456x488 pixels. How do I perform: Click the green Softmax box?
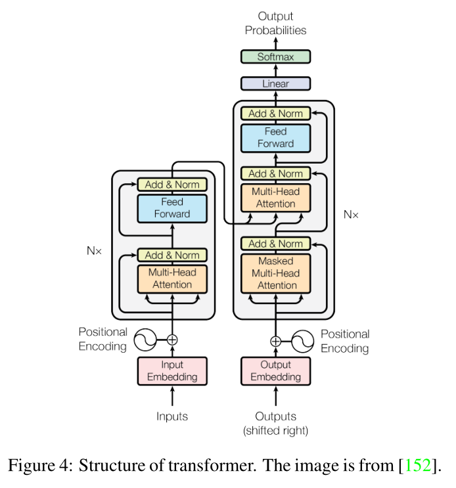tap(275, 57)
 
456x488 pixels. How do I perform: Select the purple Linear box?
tap(275, 84)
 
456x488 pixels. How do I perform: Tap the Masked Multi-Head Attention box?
tap(275, 273)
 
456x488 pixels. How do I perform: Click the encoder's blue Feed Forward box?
tap(172, 208)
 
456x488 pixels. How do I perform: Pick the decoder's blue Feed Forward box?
tap(275, 137)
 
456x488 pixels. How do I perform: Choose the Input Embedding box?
tap(172, 370)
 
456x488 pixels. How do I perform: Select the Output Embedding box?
tap(275, 370)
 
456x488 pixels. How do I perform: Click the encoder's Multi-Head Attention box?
tap(172, 278)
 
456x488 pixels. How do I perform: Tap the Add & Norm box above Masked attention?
tap(275, 244)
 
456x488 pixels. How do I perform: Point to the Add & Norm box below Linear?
tap(275, 114)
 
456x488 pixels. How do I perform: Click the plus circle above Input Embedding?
tap(172, 340)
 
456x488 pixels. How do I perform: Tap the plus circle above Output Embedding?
tap(275, 341)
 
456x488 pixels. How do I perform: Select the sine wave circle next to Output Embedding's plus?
tap(301, 341)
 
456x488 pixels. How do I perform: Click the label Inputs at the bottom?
tap(172, 416)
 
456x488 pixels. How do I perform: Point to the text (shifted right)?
tap(275, 431)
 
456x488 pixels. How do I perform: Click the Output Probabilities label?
tap(275, 23)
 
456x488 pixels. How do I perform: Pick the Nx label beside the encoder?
tap(95, 250)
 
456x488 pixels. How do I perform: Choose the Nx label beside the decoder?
tap(352, 214)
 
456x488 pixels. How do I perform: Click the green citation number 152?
tap(419, 467)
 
